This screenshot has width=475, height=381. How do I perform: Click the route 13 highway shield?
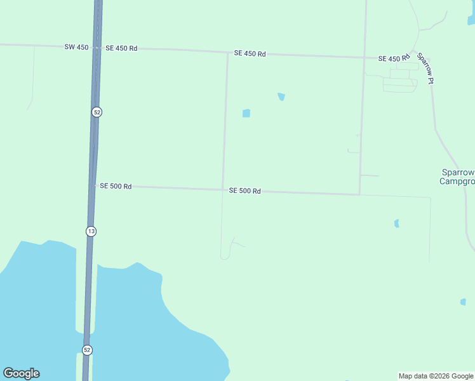pos(91,231)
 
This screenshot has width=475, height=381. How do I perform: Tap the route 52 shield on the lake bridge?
pos(87,350)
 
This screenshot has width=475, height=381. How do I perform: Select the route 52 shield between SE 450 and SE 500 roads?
pos(97,112)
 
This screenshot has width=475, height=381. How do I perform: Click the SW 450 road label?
pos(77,47)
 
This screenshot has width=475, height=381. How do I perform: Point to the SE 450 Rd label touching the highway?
pos(121,48)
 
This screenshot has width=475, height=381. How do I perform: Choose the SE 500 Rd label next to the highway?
pos(116,186)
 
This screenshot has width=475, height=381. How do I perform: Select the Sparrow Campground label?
pos(458,177)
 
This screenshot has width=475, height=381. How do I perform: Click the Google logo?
pos(21,373)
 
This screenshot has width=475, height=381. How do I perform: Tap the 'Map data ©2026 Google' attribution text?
pos(436,376)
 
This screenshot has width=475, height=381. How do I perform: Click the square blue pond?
pos(246,114)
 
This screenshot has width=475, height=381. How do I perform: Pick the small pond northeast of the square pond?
pos(281,97)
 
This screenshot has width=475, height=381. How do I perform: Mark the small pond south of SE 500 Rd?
pos(396,224)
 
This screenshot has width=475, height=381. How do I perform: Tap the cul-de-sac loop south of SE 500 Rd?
pos(224,256)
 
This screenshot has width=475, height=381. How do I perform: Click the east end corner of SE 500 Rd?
pos(359,194)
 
